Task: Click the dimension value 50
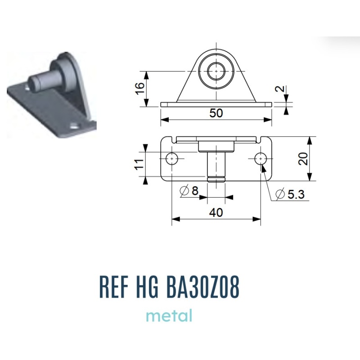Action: click(216, 113)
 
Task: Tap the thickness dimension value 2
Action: click(280, 89)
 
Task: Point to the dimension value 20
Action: click(303, 159)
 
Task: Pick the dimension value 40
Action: click(216, 212)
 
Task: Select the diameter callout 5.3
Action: click(290, 194)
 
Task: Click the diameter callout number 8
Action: click(195, 190)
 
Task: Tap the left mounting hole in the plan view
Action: click(172, 159)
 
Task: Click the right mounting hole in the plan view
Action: click(261, 158)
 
